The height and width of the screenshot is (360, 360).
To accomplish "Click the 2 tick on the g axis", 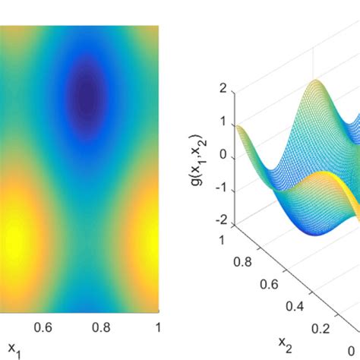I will coord(223,88).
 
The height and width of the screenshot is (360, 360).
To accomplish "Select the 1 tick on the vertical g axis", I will coord(223,122).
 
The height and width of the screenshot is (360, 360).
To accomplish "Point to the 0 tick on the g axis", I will coord(223,155).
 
